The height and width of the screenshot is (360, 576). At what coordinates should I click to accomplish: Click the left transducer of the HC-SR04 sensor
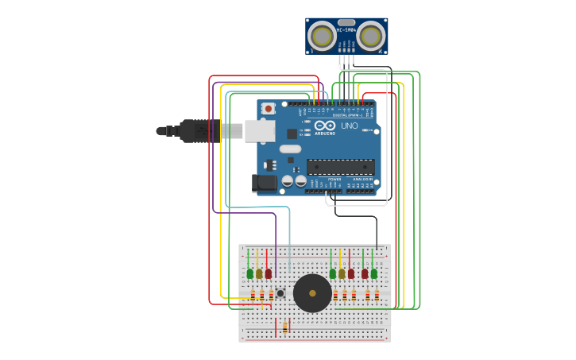click(322, 36)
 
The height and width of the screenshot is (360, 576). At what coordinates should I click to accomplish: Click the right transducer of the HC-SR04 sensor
click(370, 36)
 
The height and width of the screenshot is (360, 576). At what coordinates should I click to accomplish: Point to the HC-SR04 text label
click(346, 30)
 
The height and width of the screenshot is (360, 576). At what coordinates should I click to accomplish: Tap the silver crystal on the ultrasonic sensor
click(346, 22)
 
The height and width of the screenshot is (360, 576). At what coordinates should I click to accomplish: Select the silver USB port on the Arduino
click(259, 130)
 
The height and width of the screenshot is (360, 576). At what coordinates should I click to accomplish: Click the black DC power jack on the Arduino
click(264, 184)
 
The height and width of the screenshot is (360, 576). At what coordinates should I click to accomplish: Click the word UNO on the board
click(350, 126)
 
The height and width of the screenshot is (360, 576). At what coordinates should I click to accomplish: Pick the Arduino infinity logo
click(325, 126)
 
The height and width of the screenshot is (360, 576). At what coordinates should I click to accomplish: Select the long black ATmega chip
click(340, 167)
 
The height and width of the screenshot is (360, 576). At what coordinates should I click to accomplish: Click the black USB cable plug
click(199, 130)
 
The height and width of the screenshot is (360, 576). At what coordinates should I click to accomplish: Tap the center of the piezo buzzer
click(312, 293)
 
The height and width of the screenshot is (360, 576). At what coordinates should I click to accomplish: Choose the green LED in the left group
click(249, 273)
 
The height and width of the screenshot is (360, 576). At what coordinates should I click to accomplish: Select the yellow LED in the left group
click(259, 273)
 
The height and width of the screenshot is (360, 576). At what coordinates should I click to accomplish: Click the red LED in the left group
click(269, 273)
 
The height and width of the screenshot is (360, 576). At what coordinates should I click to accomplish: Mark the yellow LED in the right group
click(342, 273)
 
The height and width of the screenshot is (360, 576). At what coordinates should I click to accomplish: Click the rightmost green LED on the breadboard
click(374, 273)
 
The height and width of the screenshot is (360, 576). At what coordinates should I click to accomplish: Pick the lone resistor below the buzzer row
click(284, 327)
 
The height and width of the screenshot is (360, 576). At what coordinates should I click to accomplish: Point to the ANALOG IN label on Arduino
click(363, 179)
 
